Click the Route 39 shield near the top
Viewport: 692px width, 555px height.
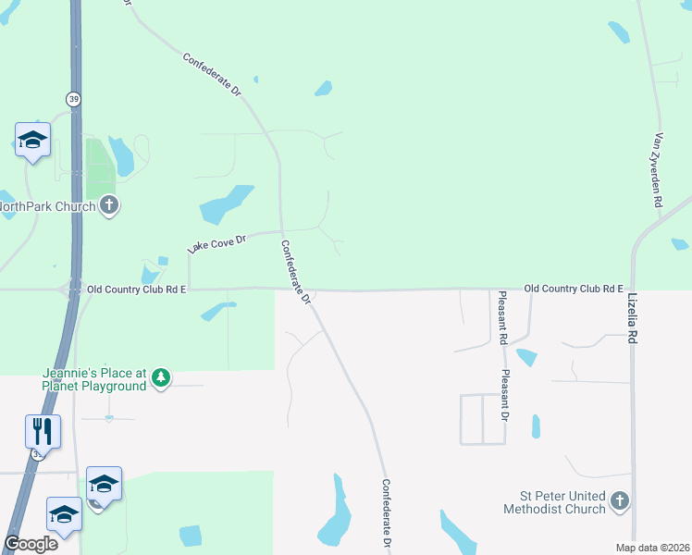coord(72,98)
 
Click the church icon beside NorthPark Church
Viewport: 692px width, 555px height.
coord(109,205)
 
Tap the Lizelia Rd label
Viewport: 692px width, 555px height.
coord(633,319)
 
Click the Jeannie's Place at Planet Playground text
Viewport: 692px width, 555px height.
coord(94,379)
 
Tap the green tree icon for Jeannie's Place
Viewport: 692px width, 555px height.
coord(161,377)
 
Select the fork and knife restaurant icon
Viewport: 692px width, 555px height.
coord(43,431)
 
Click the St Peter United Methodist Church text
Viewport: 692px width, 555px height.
coord(554,502)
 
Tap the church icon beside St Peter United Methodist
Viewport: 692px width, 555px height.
coord(620,502)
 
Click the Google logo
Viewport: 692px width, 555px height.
coord(31,543)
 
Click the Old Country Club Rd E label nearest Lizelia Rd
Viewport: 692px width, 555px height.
coord(574,290)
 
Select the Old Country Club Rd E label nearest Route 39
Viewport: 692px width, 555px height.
coord(137,290)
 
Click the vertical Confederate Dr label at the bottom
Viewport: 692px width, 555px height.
coord(387,515)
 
